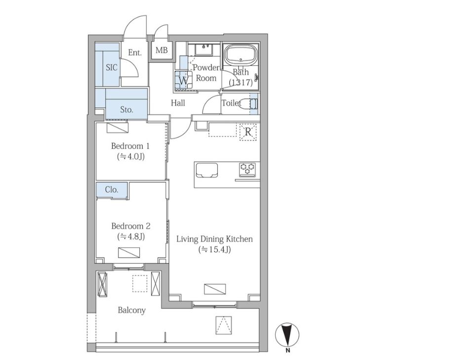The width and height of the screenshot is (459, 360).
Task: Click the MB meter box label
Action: [162, 50]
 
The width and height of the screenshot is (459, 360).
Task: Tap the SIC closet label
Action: [112, 68]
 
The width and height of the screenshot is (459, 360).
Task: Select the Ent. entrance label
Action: [135, 53]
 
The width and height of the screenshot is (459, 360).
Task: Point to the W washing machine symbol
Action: [183, 80]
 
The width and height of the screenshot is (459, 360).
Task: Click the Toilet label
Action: [232, 103]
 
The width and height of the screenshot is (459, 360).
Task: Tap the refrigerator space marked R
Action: [248, 132]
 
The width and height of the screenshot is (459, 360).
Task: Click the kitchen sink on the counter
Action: [207, 170]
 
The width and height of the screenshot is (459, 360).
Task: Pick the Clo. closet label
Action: [112, 189]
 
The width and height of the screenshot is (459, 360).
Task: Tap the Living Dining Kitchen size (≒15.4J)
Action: [214, 250]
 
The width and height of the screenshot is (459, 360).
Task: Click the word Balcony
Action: [132, 310]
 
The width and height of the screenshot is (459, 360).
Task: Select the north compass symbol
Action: [288, 334]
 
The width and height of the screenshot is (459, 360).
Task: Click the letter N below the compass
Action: [288, 350]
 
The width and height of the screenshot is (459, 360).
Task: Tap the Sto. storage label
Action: [126, 110]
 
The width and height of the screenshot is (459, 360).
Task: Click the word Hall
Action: [178, 103]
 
